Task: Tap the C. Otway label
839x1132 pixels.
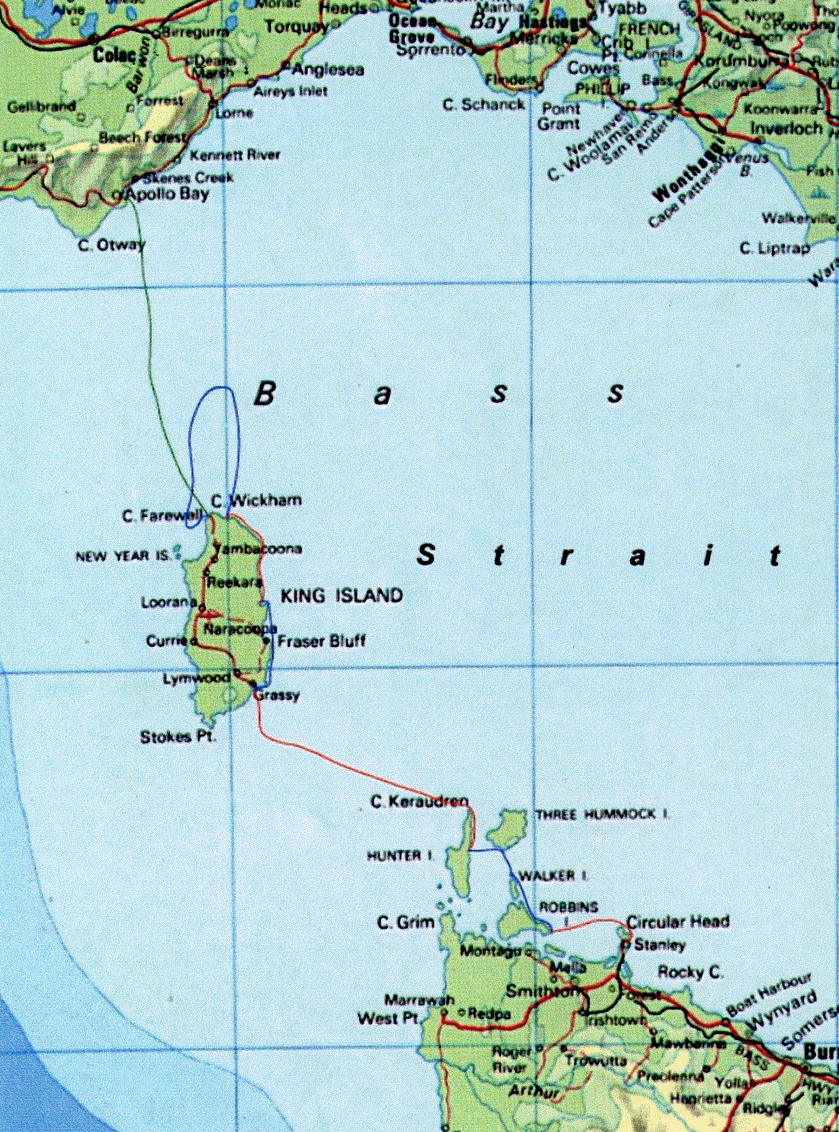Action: click(112, 245)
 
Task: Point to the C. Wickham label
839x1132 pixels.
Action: click(256, 501)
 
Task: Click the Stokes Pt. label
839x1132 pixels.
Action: click(178, 737)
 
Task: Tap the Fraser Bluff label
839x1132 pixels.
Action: click(321, 641)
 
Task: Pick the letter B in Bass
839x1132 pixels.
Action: click(264, 393)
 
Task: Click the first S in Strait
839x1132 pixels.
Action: click(426, 555)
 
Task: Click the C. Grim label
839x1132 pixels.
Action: click(406, 922)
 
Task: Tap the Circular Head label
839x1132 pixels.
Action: click(678, 921)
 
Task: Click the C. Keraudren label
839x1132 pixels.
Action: click(419, 802)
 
